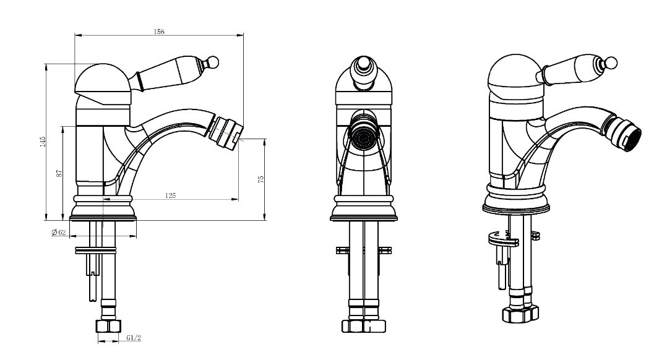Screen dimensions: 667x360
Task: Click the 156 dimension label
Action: [158, 31]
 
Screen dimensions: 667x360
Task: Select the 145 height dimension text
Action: [43, 142]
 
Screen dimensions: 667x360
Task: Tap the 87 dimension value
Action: [59, 173]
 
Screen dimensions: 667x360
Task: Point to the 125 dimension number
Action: [170, 195]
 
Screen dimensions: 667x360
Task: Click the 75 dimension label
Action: [261, 179]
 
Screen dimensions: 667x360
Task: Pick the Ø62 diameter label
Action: [59, 232]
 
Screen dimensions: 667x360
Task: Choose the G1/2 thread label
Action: [133, 338]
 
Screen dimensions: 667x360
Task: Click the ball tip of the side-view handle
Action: [213, 62]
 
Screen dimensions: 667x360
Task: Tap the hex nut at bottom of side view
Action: [108, 326]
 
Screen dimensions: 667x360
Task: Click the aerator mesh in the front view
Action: [363, 137]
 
